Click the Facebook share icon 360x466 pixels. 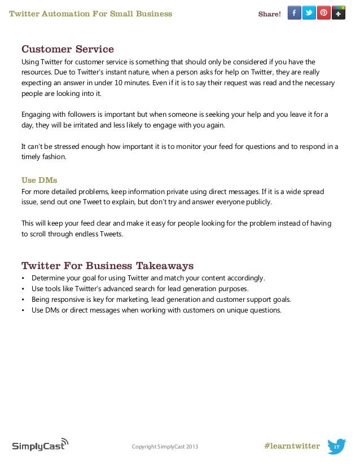point(294,13)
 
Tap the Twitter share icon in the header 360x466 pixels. point(309,13)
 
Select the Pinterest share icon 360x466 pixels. point(323,13)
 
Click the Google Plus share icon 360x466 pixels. point(338,13)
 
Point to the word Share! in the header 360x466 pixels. point(269,14)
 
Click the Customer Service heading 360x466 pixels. point(67,49)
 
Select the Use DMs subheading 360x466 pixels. point(39,181)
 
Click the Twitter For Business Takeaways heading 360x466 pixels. point(107,265)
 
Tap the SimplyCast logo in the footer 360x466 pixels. point(39,445)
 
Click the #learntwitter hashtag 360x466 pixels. point(292,446)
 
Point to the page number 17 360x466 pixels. point(336,447)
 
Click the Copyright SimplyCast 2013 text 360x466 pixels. point(165,447)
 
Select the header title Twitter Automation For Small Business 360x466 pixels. point(90,14)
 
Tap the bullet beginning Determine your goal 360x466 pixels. point(148,278)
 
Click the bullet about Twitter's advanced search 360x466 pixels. point(139,289)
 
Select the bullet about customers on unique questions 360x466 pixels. point(156,310)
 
